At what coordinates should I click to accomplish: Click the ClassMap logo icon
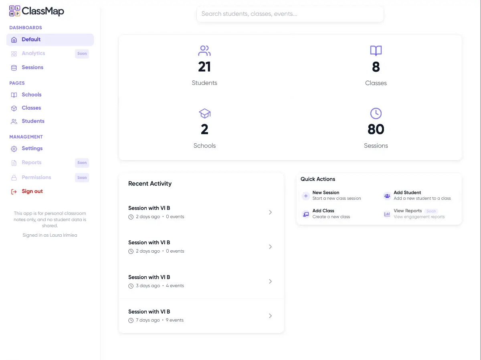(x=14, y=11)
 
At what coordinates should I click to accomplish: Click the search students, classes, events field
(x=290, y=14)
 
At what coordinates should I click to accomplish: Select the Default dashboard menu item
(x=31, y=40)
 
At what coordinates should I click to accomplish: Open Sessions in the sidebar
(x=32, y=67)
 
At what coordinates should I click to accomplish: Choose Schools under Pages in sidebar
(x=31, y=95)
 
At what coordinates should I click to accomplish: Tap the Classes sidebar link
(x=31, y=108)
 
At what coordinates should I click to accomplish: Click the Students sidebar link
(x=33, y=121)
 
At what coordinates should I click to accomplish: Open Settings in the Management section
(x=32, y=149)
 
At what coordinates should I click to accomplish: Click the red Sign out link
(x=32, y=191)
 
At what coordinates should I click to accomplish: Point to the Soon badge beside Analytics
(x=82, y=54)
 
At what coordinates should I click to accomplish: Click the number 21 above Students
(x=204, y=67)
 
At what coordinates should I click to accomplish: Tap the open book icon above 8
(x=376, y=51)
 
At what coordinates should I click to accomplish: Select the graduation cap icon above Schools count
(x=204, y=114)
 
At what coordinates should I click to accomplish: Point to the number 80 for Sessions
(x=376, y=129)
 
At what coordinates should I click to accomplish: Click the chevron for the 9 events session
(x=270, y=316)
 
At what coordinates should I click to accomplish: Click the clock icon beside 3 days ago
(x=131, y=286)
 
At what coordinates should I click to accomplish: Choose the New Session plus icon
(x=305, y=196)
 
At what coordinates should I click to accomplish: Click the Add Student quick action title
(x=407, y=193)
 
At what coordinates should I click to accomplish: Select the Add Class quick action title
(x=323, y=211)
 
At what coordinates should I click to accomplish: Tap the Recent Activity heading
(x=150, y=184)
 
